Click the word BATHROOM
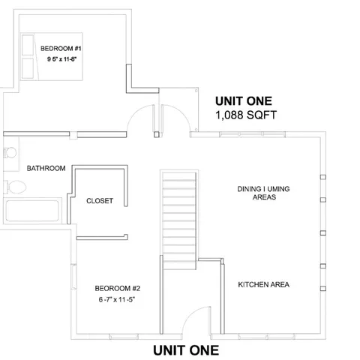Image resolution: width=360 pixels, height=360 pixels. [46, 168]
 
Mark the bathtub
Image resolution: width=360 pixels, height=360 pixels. [33, 211]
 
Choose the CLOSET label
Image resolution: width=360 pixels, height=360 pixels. [100, 201]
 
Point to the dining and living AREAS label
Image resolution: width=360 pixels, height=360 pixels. [260, 199]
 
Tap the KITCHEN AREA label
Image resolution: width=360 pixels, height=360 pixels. [263, 285]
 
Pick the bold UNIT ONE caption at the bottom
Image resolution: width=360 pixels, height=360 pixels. [186, 349]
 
